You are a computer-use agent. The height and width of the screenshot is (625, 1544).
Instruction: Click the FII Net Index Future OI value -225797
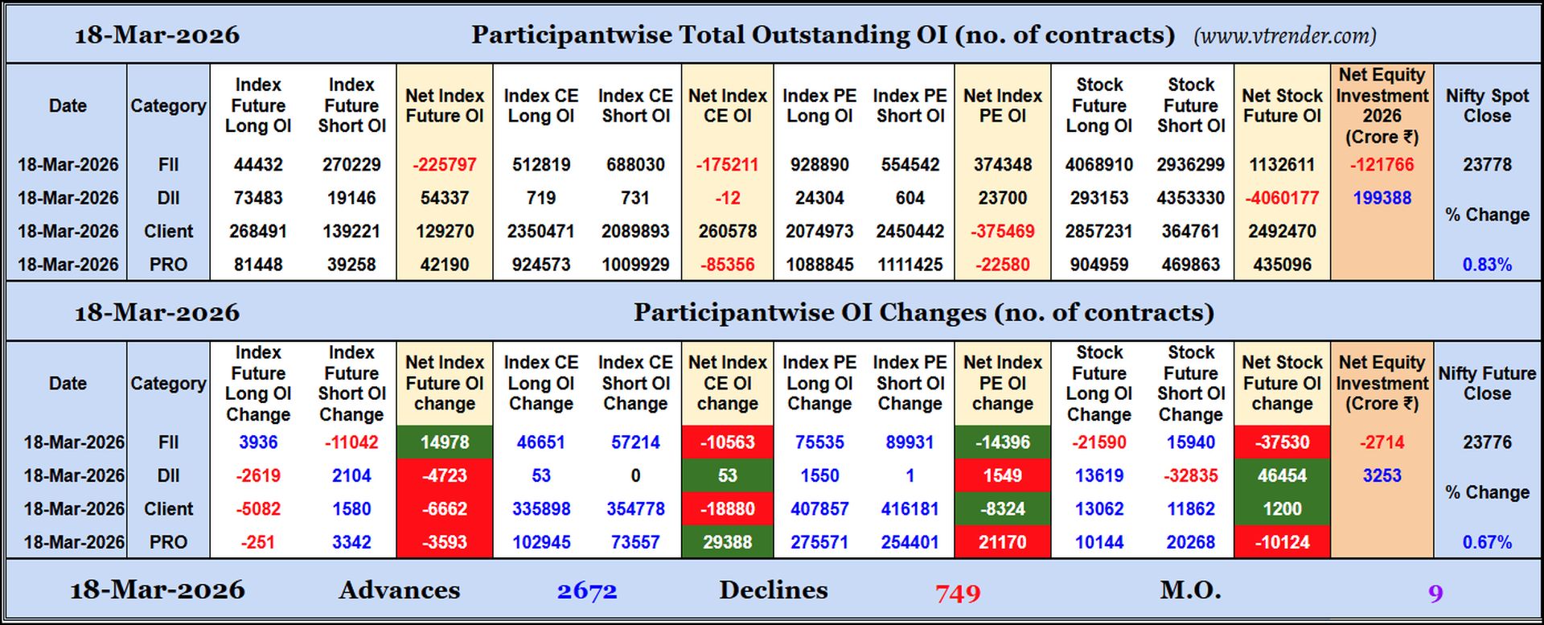(x=444, y=165)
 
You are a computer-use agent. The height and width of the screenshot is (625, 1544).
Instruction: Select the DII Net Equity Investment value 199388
(x=1382, y=198)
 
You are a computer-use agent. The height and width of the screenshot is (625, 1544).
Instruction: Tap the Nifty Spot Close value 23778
(x=1487, y=165)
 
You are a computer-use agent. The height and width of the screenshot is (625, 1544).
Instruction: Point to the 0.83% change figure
(x=1487, y=265)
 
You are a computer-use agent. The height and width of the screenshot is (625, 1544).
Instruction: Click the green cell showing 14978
(x=444, y=442)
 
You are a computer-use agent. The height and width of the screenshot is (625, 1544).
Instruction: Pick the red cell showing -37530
(x=1282, y=442)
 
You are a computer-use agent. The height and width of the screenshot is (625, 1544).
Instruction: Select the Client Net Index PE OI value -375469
(x=1002, y=232)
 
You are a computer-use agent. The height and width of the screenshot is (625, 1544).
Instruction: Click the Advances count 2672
(x=587, y=592)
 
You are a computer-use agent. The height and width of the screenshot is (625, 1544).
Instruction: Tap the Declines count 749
(x=957, y=594)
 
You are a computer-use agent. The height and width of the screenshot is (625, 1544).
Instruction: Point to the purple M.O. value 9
(x=1435, y=594)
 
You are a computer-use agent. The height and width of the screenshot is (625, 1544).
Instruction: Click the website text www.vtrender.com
(x=1285, y=36)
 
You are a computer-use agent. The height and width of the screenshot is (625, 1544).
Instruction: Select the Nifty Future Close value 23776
(x=1487, y=442)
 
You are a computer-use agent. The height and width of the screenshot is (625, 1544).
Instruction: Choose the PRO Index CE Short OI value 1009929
(x=635, y=265)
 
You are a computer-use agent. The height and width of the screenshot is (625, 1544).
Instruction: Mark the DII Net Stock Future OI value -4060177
(x=1282, y=198)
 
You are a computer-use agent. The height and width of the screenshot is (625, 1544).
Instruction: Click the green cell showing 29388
(x=727, y=542)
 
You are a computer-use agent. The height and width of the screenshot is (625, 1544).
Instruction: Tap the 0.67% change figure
(x=1487, y=542)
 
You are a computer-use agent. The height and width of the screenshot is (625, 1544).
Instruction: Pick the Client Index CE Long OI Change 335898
(x=540, y=509)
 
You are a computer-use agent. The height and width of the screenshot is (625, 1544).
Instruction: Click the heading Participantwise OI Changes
(x=923, y=312)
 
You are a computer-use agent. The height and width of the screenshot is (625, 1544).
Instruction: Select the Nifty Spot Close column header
(x=1487, y=105)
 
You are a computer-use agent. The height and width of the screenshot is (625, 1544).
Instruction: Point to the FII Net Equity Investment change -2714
(x=1382, y=442)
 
